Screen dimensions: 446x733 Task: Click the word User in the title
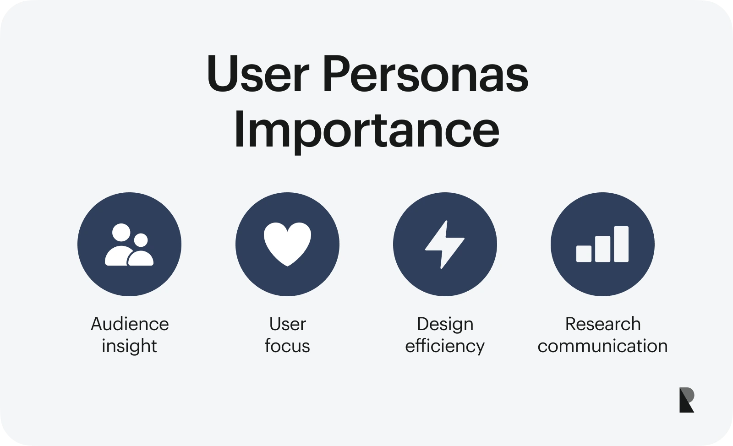tap(258, 74)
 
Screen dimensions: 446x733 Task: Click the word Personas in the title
tap(425, 74)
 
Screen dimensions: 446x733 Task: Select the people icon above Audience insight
tap(129, 245)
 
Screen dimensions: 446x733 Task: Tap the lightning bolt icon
tap(444, 244)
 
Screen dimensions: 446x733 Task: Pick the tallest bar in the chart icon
tap(621, 244)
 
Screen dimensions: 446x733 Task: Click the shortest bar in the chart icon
tap(584, 254)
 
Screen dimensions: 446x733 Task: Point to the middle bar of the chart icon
tap(602, 249)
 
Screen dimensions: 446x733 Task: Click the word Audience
tap(130, 324)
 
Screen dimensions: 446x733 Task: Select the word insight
tap(129, 346)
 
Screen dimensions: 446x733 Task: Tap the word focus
tap(287, 346)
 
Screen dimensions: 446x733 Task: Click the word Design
tap(445, 324)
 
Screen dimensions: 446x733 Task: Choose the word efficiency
tap(444, 346)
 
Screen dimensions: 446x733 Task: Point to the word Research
tap(602, 324)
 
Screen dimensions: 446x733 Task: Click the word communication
tap(602, 346)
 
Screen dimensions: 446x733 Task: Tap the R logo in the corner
tap(686, 400)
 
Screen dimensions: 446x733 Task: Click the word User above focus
tap(287, 324)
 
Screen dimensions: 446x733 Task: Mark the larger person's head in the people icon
tap(121, 233)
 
